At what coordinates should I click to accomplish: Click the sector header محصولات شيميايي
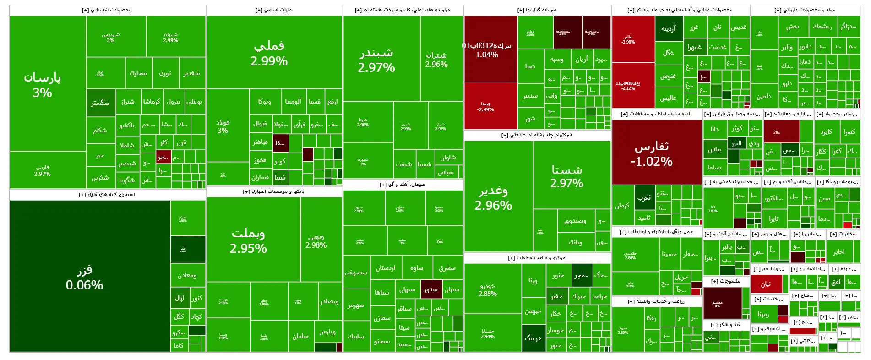107,10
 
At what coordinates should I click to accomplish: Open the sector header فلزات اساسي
274,10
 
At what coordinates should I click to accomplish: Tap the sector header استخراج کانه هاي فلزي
107,195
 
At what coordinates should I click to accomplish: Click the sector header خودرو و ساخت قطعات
537,258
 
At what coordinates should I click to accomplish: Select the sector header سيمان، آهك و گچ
403,185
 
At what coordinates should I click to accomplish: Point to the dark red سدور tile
431,289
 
